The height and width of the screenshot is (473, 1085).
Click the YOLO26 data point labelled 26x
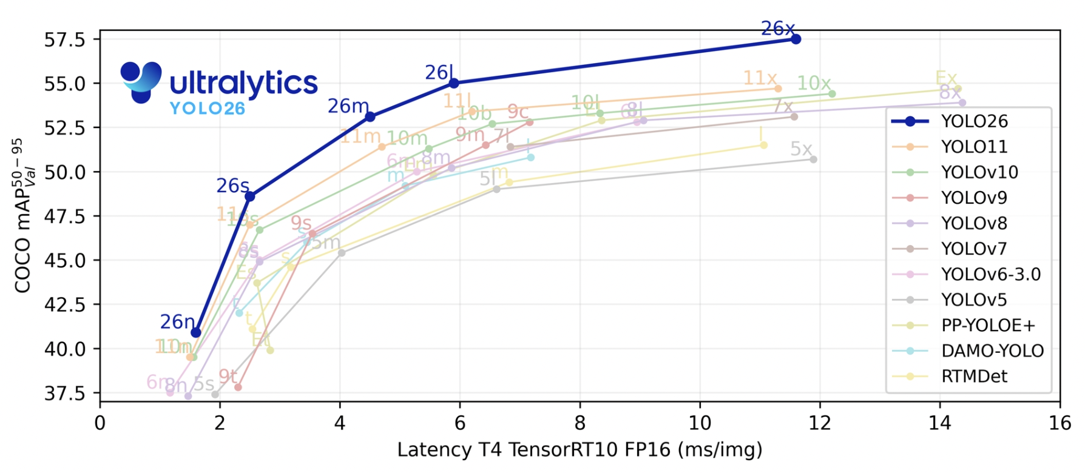pos(796,39)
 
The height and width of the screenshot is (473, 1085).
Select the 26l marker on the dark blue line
pos(455,83)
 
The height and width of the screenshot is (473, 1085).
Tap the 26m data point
pos(370,116)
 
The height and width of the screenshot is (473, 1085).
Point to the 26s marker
pos(250,196)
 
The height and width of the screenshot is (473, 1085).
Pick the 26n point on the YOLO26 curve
pos(196,332)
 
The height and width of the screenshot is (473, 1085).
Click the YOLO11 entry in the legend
pos(973,147)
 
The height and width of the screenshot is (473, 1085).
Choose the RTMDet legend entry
pos(973,377)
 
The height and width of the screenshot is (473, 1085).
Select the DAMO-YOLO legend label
pos(992,351)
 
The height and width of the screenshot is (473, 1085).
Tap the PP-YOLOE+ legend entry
pos(987,326)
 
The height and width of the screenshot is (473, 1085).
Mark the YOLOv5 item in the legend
pos(973,300)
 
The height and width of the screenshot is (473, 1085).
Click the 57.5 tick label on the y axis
pos(64,40)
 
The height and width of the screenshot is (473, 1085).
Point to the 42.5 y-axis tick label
pos(64,304)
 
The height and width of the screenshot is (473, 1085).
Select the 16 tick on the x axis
pos(1060,423)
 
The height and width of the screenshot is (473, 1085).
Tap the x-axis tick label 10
pos(700,423)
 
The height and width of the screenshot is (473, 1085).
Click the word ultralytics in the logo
pos(243,84)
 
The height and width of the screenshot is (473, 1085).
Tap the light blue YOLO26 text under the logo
pos(207,109)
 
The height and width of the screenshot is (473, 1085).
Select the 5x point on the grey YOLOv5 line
pos(814,159)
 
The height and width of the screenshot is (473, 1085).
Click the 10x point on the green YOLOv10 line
pos(832,94)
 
